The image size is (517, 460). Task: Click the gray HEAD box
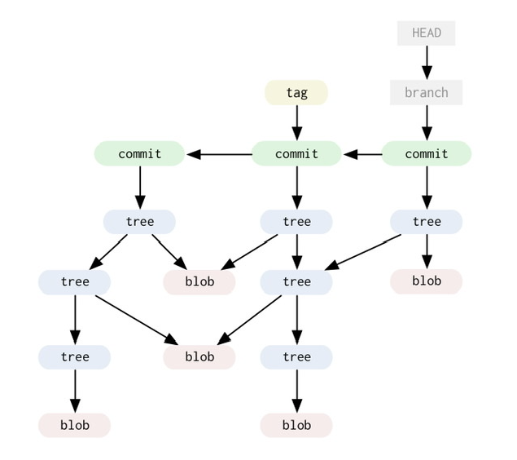[x=426, y=33]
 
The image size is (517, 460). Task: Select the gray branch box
[x=426, y=92]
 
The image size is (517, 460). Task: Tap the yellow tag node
[x=296, y=92]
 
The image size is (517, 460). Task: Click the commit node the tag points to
[x=296, y=153]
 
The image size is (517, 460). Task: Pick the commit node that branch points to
[x=426, y=153]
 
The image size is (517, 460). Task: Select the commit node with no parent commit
[x=140, y=153]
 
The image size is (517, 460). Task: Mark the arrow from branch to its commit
[x=426, y=122]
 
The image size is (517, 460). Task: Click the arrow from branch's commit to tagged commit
[x=361, y=153]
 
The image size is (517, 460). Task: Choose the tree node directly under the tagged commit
[x=296, y=221]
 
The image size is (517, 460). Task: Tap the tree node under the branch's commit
[x=426, y=221]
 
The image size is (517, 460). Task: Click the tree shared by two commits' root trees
[x=296, y=281]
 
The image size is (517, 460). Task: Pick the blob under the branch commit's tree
[x=426, y=281]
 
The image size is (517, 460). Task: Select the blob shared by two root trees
[x=199, y=281]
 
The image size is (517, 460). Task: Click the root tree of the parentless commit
[x=140, y=221]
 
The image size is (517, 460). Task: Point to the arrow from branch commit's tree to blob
[x=426, y=251]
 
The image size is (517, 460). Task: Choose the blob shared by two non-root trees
[x=199, y=356]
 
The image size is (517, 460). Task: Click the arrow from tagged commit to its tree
[x=296, y=188]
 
